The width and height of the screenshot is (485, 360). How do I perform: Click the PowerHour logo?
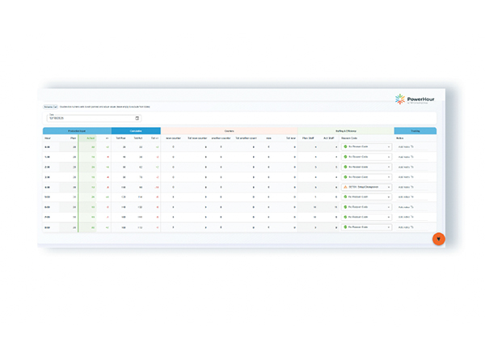(x=415, y=100)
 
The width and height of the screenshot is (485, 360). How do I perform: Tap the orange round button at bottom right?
(x=438, y=239)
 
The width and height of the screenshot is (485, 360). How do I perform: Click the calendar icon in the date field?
(x=137, y=118)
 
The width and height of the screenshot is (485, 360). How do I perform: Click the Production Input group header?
(x=77, y=130)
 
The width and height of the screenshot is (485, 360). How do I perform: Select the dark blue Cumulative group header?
(x=136, y=130)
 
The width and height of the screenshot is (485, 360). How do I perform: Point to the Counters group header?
(x=229, y=130)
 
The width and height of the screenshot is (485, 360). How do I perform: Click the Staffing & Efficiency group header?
(x=345, y=130)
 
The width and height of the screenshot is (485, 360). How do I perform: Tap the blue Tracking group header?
(x=415, y=130)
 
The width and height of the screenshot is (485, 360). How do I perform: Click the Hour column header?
(x=48, y=138)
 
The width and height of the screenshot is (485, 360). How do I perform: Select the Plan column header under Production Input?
(x=74, y=138)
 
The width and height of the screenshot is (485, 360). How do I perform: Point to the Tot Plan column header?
(x=120, y=138)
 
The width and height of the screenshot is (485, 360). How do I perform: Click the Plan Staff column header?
(x=308, y=138)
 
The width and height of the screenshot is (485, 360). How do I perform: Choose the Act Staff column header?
(x=330, y=138)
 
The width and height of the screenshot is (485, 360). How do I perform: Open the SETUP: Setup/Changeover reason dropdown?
(x=367, y=187)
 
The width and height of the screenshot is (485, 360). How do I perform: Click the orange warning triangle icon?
(x=345, y=187)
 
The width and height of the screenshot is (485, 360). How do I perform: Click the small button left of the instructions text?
(x=48, y=107)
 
